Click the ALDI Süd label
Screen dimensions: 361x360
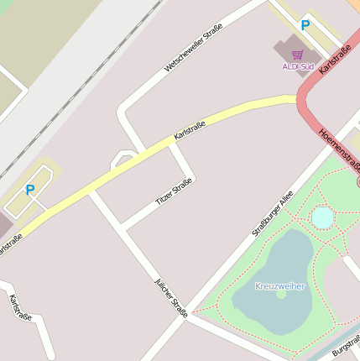coord(297,65)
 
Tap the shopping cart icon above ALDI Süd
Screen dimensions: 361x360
coord(297,54)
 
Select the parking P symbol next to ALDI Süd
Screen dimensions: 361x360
coord(305,26)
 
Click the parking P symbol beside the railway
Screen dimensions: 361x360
coord(30,190)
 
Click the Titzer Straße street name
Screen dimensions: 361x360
coord(174,192)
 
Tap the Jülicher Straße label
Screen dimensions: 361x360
coord(171,297)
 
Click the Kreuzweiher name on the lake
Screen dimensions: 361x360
coord(280,286)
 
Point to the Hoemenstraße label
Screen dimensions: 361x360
coord(340,151)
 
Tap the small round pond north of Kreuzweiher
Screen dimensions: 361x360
coord(322,217)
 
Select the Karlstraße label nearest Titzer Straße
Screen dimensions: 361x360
coord(189,130)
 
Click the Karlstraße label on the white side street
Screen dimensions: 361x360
coord(20,307)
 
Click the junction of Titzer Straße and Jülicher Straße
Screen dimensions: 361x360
coord(123,228)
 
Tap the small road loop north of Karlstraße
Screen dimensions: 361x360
coord(123,156)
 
